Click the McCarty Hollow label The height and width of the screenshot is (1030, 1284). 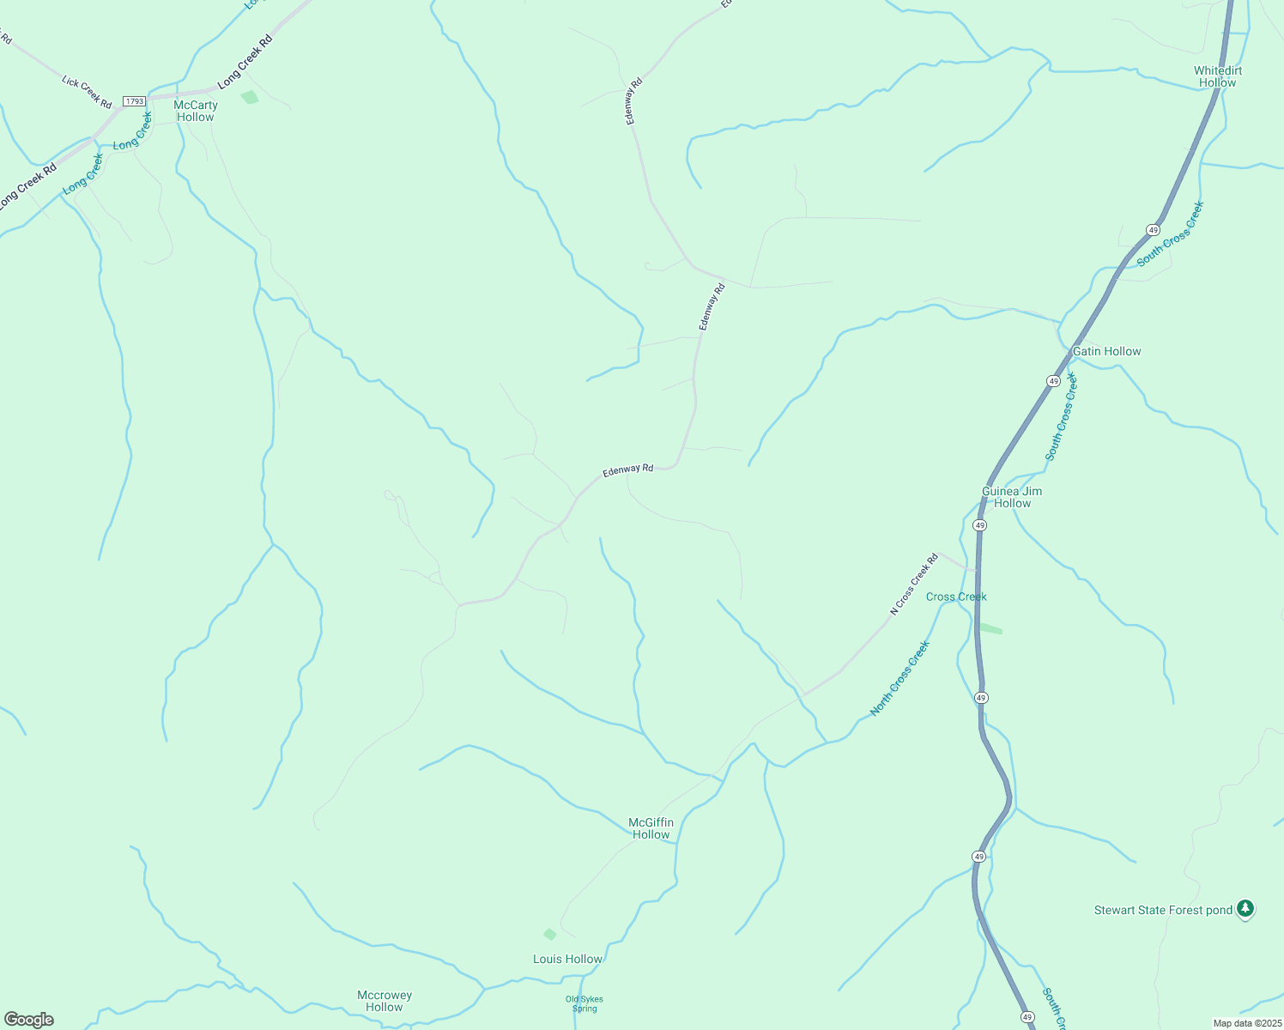[x=196, y=111]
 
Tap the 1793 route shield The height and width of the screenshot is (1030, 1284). [x=134, y=101]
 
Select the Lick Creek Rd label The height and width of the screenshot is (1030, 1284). [x=87, y=92]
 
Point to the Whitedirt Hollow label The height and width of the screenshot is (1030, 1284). [x=1218, y=76]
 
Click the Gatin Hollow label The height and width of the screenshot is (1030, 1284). [x=1106, y=351]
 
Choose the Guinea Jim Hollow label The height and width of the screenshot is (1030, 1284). [x=1012, y=497]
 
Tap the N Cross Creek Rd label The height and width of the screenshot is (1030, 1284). [x=914, y=585]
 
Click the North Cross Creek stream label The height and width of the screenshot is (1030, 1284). [x=899, y=678]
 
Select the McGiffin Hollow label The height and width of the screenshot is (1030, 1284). [x=651, y=828]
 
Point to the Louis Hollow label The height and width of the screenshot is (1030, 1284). [x=567, y=959]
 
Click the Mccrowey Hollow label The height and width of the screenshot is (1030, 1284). [x=385, y=1001]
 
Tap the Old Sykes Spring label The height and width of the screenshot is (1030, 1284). [x=584, y=1003]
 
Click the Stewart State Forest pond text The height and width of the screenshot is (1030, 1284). [x=1163, y=910]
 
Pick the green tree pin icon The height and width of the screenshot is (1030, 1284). [x=1245, y=908]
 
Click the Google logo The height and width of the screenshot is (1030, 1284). [x=29, y=1020]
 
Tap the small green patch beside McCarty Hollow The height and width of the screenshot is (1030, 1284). [x=250, y=97]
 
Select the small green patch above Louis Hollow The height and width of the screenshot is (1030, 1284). [x=550, y=934]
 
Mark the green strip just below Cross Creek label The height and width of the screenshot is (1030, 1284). [x=990, y=628]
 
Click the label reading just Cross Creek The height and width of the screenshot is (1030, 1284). [x=956, y=597]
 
